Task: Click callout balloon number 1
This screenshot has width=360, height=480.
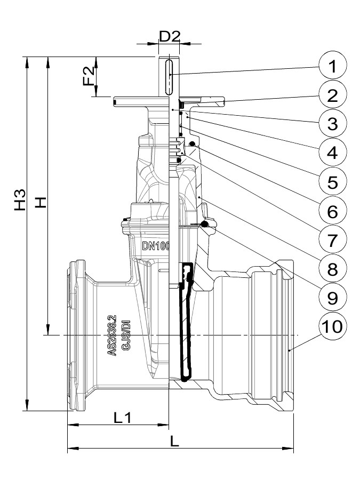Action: pos(332,66)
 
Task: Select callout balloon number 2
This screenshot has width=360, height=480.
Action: pos(332,95)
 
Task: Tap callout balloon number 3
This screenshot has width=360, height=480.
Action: pos(332,124)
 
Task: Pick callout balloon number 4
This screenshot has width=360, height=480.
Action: pos(332,153)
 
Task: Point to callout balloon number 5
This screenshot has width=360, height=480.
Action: pos(332,182)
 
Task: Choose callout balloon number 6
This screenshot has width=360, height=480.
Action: pos(332,211)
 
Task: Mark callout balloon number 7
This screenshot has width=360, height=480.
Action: pos(332,240)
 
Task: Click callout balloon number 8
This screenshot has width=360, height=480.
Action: pos(332,269)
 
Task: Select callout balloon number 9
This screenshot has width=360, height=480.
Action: pos(332,298)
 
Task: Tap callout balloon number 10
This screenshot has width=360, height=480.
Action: pos(332,326)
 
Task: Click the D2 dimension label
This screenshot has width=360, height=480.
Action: pos(169,37)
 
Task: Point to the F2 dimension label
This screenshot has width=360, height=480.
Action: pos(89,76)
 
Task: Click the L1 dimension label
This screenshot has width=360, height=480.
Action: pos(122,418)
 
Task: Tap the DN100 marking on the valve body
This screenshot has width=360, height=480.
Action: pos(156,246)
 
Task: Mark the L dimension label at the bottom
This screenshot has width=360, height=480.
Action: pos(174,442)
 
